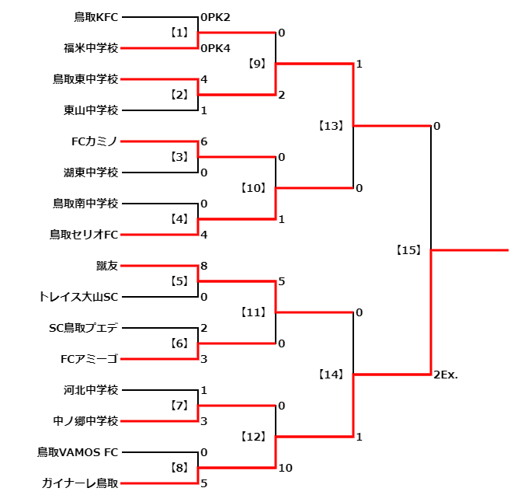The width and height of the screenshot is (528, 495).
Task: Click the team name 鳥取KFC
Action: (96, 17)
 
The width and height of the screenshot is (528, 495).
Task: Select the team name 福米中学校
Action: (91, 48)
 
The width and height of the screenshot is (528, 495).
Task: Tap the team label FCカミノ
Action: (94, 141)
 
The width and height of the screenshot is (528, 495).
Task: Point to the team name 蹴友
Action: (107, 266)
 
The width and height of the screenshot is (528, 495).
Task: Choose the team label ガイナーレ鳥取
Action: (80, 483)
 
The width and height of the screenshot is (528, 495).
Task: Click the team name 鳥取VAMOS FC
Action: (78, 452)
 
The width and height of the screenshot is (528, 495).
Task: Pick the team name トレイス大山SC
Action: (78, 297)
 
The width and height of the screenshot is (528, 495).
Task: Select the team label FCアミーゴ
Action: (89, 359)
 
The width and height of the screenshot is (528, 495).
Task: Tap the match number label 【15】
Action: (408, 250)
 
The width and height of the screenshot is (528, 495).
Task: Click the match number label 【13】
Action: (331, 126)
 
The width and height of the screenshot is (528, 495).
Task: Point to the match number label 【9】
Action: (257, 64)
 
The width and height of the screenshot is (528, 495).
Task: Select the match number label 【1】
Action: (179, 33)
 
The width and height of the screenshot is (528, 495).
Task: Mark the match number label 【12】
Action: (253, 437)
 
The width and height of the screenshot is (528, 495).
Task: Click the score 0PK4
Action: (216, 48)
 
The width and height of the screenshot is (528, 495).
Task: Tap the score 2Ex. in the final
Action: (446, 375)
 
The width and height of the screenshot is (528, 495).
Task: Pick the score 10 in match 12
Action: (285, 468)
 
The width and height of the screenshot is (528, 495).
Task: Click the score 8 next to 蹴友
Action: (203, 266)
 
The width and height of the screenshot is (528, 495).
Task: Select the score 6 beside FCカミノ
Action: (203, 141)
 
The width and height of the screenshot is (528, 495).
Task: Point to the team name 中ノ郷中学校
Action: (85, 421)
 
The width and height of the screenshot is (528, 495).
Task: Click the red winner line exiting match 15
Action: (470, 250)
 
